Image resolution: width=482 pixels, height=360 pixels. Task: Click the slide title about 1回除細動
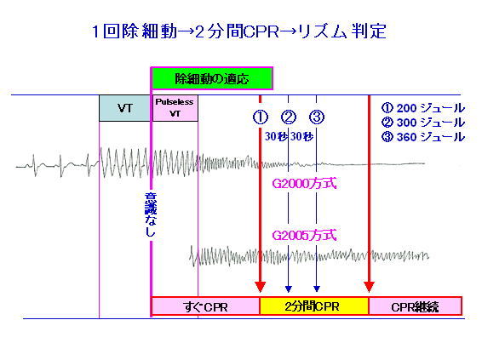(x=238, y=31)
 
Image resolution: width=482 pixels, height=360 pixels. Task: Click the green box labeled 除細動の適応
(x=212, y=78)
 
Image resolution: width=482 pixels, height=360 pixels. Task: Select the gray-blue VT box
(x=124, y=108)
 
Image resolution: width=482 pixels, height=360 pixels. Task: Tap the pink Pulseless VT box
(x=175, y=108)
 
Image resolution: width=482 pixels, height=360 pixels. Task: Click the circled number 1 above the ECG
(x=261, y=117)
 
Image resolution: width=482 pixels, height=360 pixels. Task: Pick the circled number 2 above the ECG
(x=289, y=117)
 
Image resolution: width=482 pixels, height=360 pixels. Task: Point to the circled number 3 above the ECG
(x=317, y=117)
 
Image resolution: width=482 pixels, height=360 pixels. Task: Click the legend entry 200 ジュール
(x=423, y=108)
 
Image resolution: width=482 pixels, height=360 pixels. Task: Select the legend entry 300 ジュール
(x=423, y=123)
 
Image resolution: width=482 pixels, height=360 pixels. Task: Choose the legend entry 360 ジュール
(x=423, y=137)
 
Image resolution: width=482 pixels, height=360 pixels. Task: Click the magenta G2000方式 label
(x=304, y=184)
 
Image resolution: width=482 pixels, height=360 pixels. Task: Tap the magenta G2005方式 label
(x=304, y=236)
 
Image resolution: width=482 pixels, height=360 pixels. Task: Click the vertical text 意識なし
(x=151, y=214)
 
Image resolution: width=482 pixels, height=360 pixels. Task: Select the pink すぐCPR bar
(x=205, y=306)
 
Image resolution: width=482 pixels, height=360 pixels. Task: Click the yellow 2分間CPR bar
(x=314, y=306)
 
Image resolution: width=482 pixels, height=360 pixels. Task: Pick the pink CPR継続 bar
(x=415, y=306)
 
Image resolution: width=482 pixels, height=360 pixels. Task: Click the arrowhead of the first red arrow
(x=261, y=287)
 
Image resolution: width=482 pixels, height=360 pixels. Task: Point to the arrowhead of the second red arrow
(x=370, y=287)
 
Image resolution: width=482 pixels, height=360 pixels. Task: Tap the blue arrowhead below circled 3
(x=317, y=289)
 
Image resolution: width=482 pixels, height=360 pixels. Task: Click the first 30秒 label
(x=276, y=136)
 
